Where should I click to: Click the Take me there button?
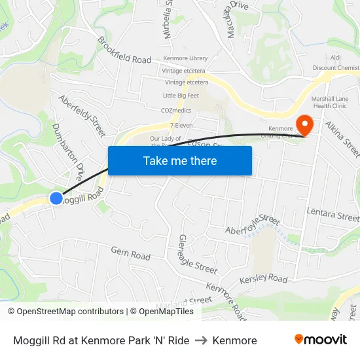tap(180, 160)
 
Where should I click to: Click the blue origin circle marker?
tap(56, 198)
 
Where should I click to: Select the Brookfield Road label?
tap(124, 50)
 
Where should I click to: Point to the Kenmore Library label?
tap(185, 59)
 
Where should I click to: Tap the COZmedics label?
tap(177, 111)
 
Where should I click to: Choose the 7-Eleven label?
tap(181, 125)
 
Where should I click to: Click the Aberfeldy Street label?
tap(82, 116)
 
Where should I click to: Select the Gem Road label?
tap(130, 253)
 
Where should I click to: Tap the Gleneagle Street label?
tap(197, 255)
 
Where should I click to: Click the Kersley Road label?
tap(264, 279)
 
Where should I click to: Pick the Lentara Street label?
tap(333, 213)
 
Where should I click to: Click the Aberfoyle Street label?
tap(252, 225)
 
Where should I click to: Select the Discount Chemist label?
tap(336, 68)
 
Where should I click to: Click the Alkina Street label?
tap(342, 138)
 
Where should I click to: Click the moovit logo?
tap(320, 340)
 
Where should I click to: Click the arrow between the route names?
tap(201, 340)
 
